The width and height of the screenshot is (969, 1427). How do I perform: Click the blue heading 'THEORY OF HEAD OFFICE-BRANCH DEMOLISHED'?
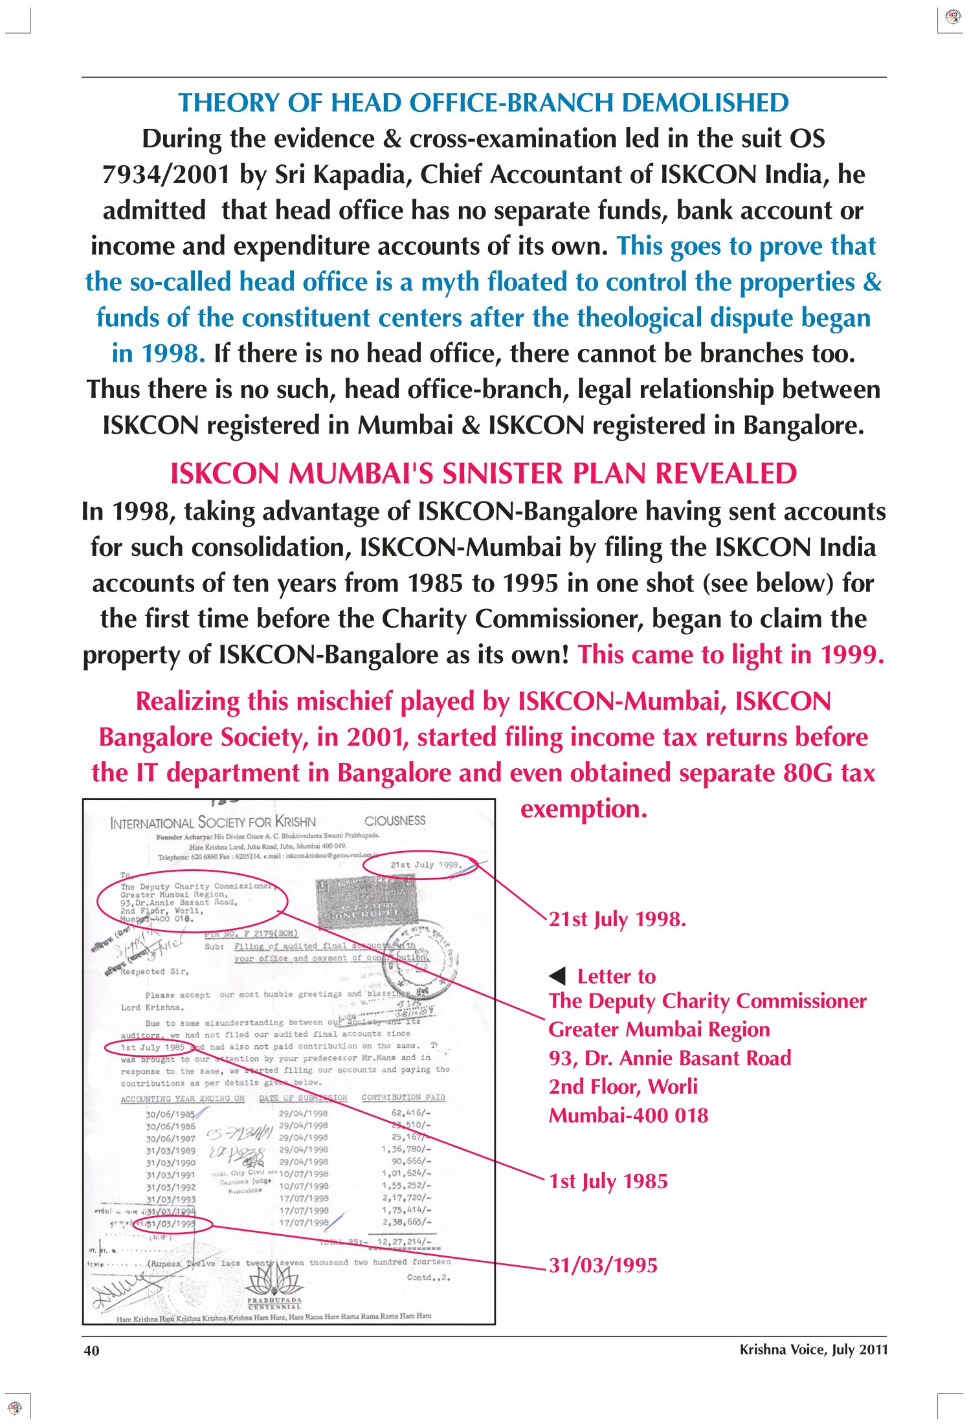(484, 103)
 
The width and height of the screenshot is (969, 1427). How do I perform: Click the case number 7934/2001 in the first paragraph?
(166, 175)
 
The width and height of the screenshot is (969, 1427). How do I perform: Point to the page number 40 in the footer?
(91, 1350)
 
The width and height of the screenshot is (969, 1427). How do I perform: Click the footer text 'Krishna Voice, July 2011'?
(813, 1349)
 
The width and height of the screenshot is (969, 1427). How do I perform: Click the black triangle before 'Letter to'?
(557, 976)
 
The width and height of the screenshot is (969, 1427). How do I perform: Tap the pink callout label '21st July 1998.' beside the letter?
(617, 919)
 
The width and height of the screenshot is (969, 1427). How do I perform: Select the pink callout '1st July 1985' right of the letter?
(608, 1181)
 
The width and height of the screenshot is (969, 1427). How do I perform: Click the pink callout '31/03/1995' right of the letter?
(603, 1265)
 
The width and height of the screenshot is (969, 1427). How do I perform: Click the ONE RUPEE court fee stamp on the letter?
(366, 902)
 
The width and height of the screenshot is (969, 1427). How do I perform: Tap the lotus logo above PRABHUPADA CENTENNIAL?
(274, 1279)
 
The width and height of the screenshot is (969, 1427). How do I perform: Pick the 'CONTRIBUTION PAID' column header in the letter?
(403, 1098)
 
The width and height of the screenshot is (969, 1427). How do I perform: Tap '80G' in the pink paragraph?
(805, 773)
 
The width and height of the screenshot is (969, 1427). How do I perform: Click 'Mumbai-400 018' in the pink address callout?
(629, 1115)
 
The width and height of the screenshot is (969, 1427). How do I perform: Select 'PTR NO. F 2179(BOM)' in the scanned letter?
(251, 934)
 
